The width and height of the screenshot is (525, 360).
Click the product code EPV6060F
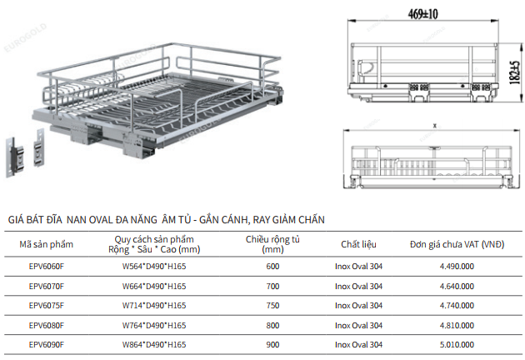pos(46,266)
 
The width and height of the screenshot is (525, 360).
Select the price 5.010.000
pos(457,345)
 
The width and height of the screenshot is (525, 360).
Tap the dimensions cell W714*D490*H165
pos(154,305)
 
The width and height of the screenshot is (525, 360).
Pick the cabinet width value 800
pos(272,325)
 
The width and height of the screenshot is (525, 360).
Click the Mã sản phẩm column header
pos(46,244)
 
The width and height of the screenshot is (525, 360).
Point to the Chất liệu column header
pos(358,244)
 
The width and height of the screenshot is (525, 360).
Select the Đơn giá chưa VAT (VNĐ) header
pos(457,244)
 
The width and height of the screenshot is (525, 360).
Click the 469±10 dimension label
pos(422,14)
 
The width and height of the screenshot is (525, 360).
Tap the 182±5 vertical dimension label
pos(515,72)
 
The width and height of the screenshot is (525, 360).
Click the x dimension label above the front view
pos(435,126)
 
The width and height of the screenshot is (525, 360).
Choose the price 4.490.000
pos(457,266)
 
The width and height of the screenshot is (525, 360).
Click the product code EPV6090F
pos(46,345)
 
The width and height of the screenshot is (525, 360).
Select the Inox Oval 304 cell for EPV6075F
pos(358,305)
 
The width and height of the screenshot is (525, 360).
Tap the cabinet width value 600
pos(272,266)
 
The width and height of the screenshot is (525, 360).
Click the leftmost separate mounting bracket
pos(14,157)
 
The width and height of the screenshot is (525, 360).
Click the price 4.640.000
pos(457,287)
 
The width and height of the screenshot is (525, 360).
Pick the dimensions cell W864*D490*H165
pos(154,345)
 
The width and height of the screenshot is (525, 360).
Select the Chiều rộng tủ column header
pos(272,244)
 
